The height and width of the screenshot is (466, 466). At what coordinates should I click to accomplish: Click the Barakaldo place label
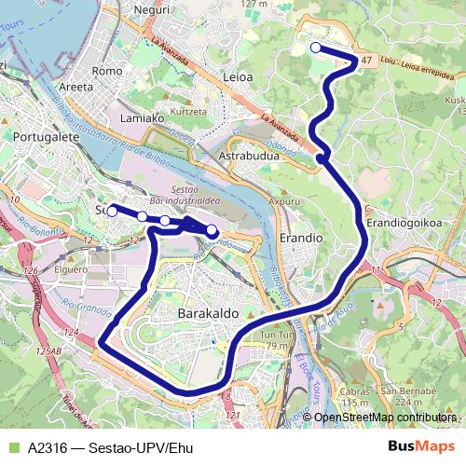pos(204,314)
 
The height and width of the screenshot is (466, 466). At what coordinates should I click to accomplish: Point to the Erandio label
pos(301,238)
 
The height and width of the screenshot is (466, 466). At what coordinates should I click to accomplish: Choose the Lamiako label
pos(143,118)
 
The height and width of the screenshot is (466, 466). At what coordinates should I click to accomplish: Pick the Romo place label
pos(109,71)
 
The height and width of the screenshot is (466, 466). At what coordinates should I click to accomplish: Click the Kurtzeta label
pos(188,111)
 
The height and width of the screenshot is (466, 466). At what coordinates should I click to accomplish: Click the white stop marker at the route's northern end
pos(315,48)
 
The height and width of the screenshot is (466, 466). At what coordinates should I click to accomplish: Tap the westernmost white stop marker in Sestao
pos(112,212)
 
